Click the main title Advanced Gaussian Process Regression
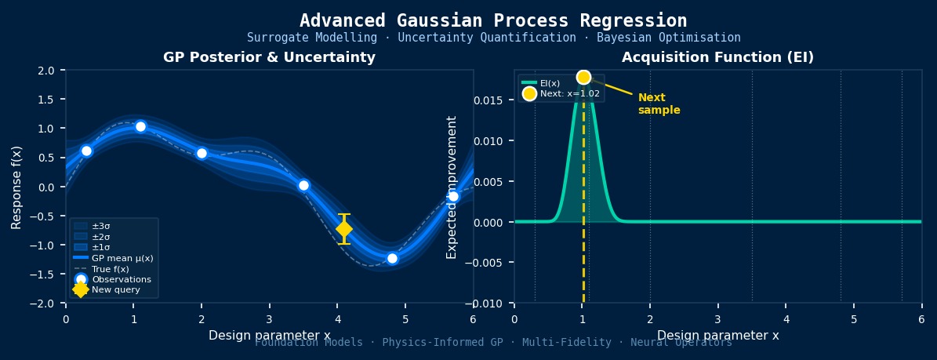coord(493,20)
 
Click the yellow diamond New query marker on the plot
coord(343,228)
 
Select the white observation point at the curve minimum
coord(392,258)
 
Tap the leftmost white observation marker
coord(86,151)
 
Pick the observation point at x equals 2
coord(202,153)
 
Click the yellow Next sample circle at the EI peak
coord(583,77)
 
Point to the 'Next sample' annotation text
coord(658,104)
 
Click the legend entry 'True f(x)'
coord(111,269)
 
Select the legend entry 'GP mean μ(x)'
coord(122,258)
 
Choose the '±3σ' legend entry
coord(102,225)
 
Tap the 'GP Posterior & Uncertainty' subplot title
coord(269,58)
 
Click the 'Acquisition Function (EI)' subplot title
coord(717,58)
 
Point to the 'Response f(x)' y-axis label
coord(16,187)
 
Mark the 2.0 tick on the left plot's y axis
coord(45,71)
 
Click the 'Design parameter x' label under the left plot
coord(269,336)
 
